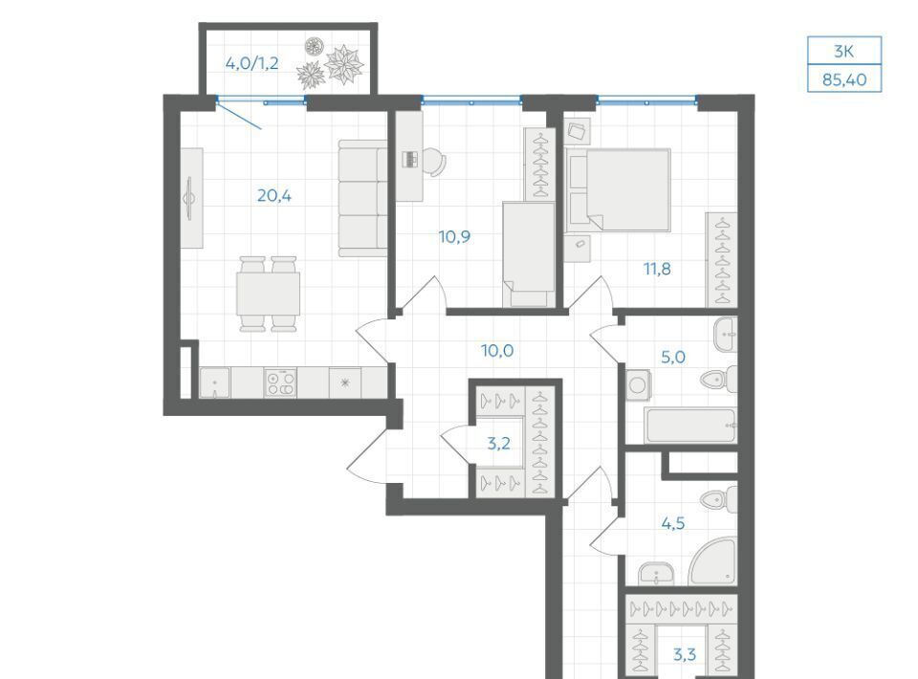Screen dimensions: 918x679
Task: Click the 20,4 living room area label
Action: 274,195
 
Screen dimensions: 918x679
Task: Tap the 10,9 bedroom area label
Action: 454,236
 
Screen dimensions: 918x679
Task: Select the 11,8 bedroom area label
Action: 657,269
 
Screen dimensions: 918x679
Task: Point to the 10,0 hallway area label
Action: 497,351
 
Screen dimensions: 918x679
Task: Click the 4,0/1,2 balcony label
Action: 251,62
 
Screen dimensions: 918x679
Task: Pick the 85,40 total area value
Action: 844,79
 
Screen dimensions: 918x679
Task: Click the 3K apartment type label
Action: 844,52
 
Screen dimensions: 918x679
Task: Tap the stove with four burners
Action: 280,383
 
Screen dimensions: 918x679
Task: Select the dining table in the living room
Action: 268,294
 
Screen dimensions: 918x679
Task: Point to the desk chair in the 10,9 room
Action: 434,161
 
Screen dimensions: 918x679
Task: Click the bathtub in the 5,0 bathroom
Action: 690,426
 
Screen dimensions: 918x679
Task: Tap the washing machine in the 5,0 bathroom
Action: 638,385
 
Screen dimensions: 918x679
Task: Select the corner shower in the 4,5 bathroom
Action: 714,563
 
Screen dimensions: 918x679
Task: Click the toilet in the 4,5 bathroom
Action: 719,498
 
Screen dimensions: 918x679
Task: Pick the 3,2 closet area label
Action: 498,443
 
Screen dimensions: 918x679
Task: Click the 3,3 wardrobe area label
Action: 684,654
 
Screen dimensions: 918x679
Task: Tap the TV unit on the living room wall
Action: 191,198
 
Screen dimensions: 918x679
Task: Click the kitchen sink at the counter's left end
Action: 215,383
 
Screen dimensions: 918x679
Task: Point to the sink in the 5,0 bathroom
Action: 726,334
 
